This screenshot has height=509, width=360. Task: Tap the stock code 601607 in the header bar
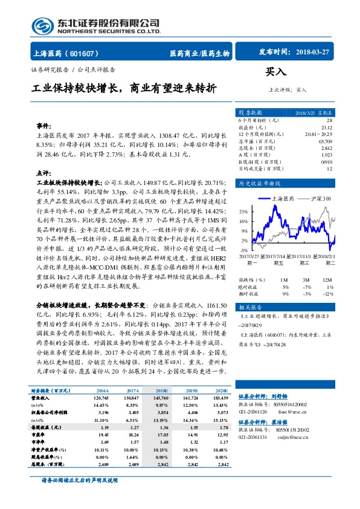[88, 53]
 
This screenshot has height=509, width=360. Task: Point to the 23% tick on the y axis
[244, 212]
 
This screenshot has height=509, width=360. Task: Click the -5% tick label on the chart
[244, 250]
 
